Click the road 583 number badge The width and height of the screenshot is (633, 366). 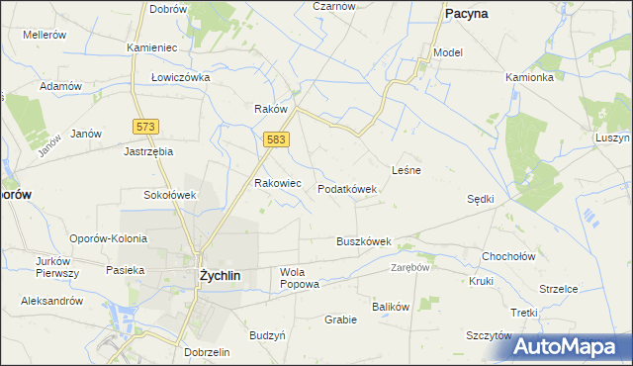point(276,141)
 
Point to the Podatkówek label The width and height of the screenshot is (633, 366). point(347,189)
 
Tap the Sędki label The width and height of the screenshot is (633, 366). point(480,199)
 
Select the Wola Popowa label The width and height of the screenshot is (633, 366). point(300,278)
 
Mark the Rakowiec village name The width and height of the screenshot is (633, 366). point(278,183)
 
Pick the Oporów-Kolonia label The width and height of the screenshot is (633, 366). point(108,238)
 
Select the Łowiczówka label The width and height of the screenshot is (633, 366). point(181,76)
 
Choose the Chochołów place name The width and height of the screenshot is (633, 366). point(508,256)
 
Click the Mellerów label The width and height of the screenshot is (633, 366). point(45,34)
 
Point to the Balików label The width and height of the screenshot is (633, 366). point(391,307)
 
